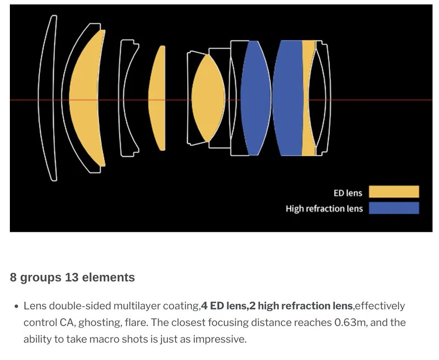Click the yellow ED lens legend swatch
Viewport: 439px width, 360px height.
point(393,192)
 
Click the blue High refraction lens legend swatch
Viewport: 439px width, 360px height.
point(393,208)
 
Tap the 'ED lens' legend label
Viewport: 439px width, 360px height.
point(348,193)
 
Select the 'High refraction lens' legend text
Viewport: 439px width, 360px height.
point(324,209)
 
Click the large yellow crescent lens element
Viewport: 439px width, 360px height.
point(84,98)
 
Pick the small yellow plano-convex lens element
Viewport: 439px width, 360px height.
point(157,98)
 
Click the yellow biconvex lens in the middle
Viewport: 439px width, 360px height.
point(208,98)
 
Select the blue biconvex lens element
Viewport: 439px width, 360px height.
point(255,98)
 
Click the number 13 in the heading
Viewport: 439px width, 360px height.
point(72,278)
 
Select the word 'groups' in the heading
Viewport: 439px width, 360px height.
point(41,278)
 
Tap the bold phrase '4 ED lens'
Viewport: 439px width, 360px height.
point(224,306)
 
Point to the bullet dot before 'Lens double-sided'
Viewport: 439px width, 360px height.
point(16,307)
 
